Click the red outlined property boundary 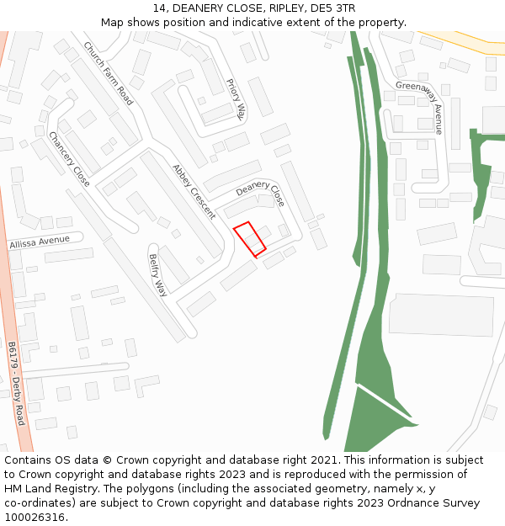coord(249,239)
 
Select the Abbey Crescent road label coord(194,192)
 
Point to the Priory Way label coord(236,100)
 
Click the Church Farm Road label coord(108,73)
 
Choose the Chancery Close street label coord(69,159)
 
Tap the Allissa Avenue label coord(39,242)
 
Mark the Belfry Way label coord(157,275)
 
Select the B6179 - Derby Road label coord(16,383)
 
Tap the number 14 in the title coord(160,8)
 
